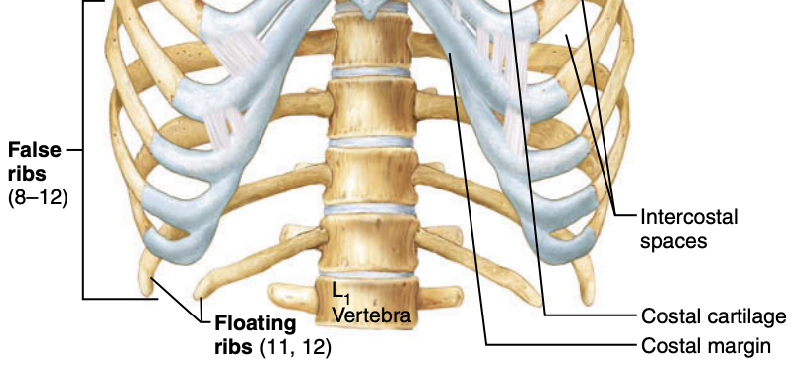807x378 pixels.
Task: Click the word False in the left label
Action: click(x=32, y=151)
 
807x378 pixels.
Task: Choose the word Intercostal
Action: click(x=690, y=217)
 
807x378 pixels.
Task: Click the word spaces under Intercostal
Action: click(x=674, y=241)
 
